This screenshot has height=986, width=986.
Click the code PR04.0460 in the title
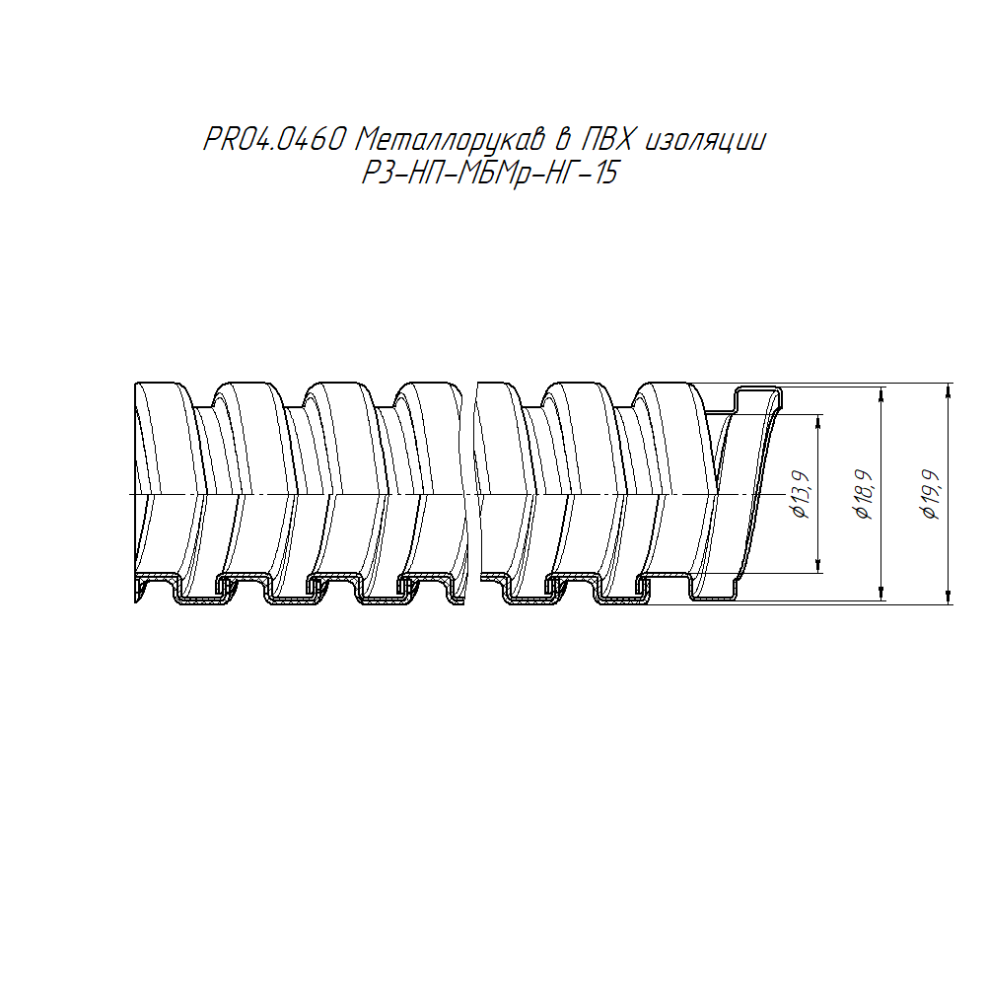[275, 140]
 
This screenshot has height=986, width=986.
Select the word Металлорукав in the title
[450, 140]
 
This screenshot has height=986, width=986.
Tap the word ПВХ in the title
[606, 140]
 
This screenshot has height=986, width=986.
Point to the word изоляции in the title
[706, 141]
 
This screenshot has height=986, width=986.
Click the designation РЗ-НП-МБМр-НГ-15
[489, 173]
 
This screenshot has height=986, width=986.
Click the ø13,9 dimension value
[801, 494]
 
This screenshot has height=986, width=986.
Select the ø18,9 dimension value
[864, 494]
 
